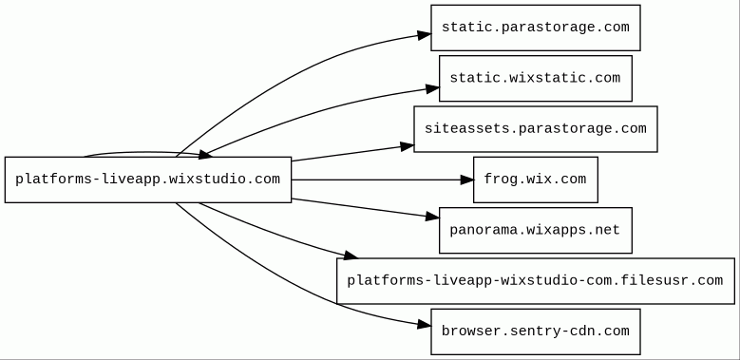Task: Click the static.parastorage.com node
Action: (536, 28)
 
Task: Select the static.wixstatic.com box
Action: (536, 78)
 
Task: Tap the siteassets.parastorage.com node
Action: (536, 129)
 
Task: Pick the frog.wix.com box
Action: (536, 180)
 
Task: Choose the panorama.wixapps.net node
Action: (536, 230)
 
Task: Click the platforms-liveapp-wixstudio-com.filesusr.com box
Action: (536, 281)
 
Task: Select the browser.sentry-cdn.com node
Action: (536, 332)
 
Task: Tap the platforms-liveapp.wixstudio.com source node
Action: (148, 180)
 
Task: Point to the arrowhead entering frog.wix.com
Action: (466, 180)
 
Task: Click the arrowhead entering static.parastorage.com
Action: (425, 35)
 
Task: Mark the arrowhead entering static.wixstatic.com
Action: (433, 88)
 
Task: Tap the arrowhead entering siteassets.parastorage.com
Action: (408, 146)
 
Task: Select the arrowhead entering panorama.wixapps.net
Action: (433, 217)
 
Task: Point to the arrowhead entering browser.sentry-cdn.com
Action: (425, 325)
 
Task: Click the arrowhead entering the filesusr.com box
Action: (351, 256)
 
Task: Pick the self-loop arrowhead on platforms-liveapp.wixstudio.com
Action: (205, 154)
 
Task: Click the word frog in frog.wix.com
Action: (501, 180)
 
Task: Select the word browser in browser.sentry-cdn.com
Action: (466, 331)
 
